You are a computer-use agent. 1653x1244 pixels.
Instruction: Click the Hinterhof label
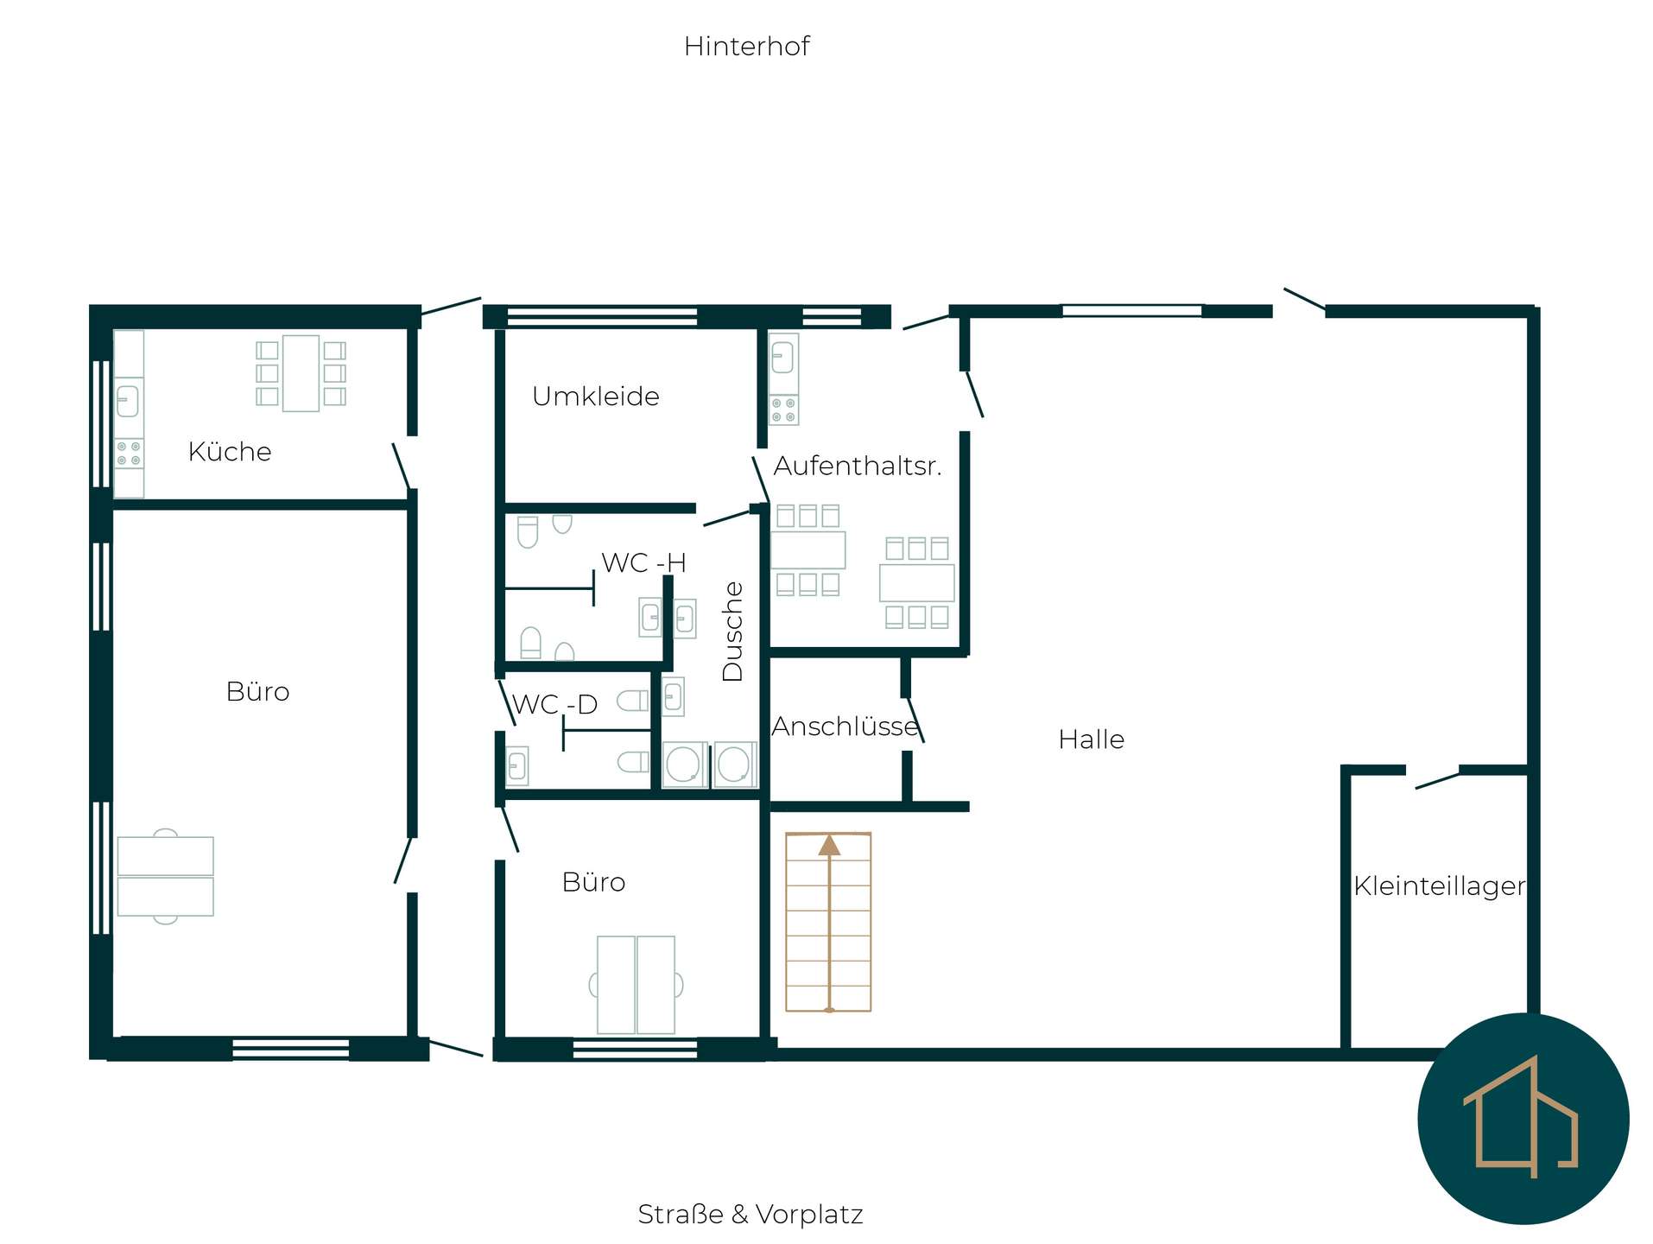point(746,46)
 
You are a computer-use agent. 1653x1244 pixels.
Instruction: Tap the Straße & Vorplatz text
point(750,1214)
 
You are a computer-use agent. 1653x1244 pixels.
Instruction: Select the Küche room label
point(230,451)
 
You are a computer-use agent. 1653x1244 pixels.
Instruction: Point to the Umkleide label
point(596,396)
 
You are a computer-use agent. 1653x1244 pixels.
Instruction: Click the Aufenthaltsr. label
point(857,466)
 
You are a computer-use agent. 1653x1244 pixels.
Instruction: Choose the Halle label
point(1091,739)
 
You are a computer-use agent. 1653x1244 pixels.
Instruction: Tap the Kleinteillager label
point(1439,886)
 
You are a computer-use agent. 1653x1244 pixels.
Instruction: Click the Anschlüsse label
point(845,726)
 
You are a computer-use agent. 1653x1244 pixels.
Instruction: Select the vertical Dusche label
point(731,631)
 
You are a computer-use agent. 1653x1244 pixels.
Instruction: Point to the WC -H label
point(643,562)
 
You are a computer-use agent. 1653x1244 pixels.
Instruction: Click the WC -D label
point(554,704)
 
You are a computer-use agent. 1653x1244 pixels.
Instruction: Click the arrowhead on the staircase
point(829,845)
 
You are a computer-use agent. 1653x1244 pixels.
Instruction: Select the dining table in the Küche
point(301,373)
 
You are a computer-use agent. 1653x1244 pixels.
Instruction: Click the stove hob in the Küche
point(129,454)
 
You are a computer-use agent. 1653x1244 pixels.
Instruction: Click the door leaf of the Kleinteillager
point(1436,780)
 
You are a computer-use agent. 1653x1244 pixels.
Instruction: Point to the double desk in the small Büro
point(636,985)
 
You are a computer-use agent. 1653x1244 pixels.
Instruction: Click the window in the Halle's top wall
point(1131,311)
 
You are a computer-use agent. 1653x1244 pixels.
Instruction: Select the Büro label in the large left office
point(257,691)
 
